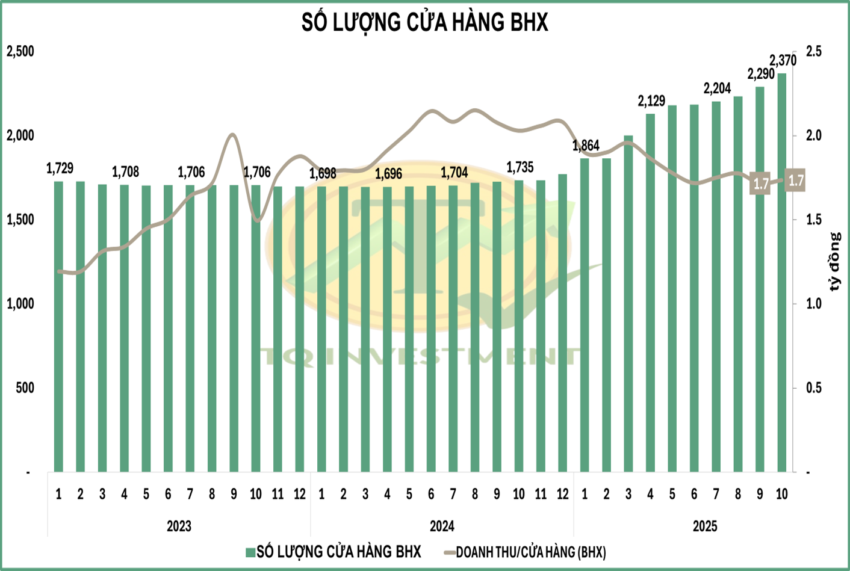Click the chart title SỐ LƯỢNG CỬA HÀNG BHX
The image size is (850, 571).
(x=424, y=23)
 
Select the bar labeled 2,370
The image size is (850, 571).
(x=781, y=271)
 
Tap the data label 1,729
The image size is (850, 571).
(x=60, y=168)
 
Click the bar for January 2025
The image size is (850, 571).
(x=585, y=313)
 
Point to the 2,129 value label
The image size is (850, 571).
(x=651, y=101)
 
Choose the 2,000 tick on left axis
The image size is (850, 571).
(x=20, y=135)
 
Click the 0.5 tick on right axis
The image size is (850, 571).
(x=814, y=388)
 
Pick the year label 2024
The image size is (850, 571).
(x=442, y=526)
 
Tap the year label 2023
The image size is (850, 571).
(x=179, y=526)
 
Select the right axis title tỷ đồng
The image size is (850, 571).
(x=834, y=262)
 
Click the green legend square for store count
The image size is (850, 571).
(x=250, y=552)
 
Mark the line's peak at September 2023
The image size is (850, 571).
(x=234, y=134)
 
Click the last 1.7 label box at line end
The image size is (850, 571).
(x=796, y=181)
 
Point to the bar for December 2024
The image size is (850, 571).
(x=563, y=322)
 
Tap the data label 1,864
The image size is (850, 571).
(x=586, y=146)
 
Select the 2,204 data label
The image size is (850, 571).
(x=717, y=89)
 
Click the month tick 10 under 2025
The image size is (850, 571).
(x=781, y=495)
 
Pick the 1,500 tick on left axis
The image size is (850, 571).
(x=20, y=220)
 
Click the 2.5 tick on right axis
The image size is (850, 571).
(x=814, y=52)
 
